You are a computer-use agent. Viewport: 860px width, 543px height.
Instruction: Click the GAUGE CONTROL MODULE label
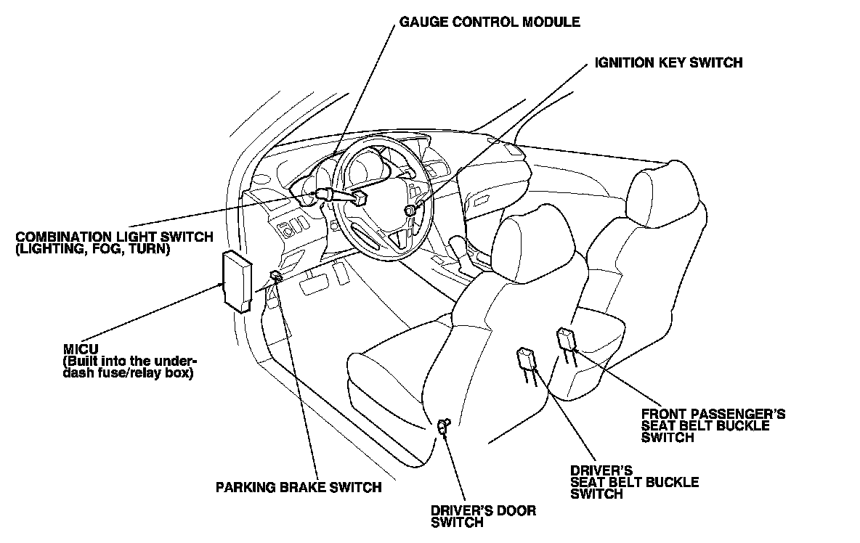pyautogui.click(x=490, y=22)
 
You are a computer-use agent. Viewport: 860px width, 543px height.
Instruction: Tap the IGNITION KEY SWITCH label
pyautogui.click(x=668, y=62)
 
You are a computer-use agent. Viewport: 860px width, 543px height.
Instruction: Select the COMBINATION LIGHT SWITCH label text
pyautogui.click(x=114, y=237)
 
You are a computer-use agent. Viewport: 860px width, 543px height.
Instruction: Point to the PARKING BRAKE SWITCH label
pyautogui.click(x=299, y=487)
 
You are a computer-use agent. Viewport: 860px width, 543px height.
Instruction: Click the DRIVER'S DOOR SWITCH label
pyautogui.click(x=483, y=516)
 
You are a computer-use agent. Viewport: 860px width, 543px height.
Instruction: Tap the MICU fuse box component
pyautogui.click(x=237, y=279)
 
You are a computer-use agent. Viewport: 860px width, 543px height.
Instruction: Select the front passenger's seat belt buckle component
pyautogui.click(x=567, y=339)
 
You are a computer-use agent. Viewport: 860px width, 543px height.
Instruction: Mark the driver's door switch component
pyautogui.click(x=445, y=425)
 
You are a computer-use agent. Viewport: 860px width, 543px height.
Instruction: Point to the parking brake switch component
pyautogui.click(x=277, y=275)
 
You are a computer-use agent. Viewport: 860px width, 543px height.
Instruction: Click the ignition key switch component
pyautogui.click(x=410, y=210)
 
